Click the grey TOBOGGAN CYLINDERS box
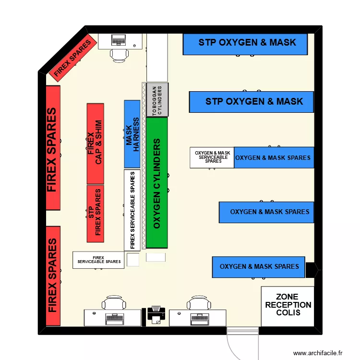point(157,99)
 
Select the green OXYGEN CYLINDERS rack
point(157,182)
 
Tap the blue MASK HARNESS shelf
point(132,134)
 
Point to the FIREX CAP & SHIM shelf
point(95,144)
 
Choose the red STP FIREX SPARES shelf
point(95,214)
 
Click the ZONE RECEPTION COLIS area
point(288,306)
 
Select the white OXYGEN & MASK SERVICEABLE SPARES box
point(212,157)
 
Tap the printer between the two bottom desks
point(156,315)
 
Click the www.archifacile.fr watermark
point(317,353)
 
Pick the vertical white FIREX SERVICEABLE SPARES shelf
point(132,210)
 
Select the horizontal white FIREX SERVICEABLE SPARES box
point(99,260)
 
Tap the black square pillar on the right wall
point(311,269)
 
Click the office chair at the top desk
point(119,54)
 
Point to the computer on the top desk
point(119,40)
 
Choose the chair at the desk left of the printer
point(114,303)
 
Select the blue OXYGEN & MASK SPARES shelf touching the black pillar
point(259,267)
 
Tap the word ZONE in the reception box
point(288,297)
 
